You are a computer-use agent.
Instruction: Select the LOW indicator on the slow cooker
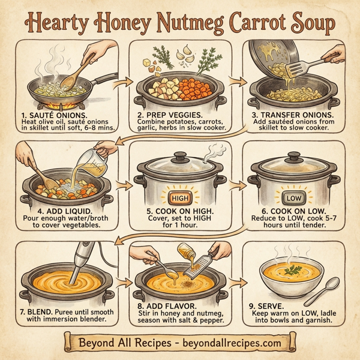coord(294,199)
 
